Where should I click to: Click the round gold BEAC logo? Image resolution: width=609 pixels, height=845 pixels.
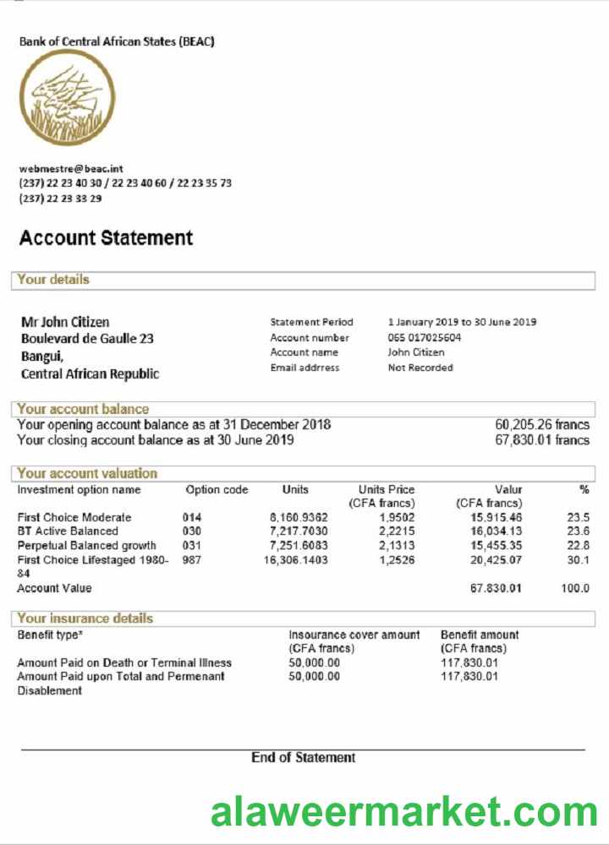point(67,97)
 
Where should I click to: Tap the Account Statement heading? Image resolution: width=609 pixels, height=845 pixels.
point(106,238)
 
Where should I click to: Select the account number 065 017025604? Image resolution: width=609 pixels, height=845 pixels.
point(425,337)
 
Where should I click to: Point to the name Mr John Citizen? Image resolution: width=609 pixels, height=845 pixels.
point(65,322)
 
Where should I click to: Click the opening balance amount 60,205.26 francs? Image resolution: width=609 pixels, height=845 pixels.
point(541,425)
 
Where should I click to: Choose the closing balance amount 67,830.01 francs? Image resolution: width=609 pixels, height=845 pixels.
point(541,440)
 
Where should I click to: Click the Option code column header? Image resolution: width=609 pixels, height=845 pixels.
point(217,490)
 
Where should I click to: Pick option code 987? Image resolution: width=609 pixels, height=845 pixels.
point(192,559)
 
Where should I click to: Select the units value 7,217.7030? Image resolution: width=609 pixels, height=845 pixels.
point(299,532)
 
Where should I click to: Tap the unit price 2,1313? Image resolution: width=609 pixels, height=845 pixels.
point(397,545)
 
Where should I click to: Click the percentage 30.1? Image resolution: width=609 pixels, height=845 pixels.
point(578,559)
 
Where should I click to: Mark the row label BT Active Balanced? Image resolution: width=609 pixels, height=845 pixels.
point(68,532)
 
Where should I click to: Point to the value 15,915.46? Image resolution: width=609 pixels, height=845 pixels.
point(497,517)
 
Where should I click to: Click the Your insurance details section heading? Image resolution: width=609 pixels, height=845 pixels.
point(85,619)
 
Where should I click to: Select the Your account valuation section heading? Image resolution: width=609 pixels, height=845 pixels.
point(87,473)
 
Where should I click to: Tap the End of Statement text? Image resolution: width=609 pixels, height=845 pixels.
point(303,758)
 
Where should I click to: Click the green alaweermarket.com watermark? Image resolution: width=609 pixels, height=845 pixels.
point(404,813)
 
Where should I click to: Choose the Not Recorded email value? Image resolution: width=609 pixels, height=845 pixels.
point(420,368)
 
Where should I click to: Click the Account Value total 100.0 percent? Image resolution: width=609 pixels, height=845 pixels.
point(575,588)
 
